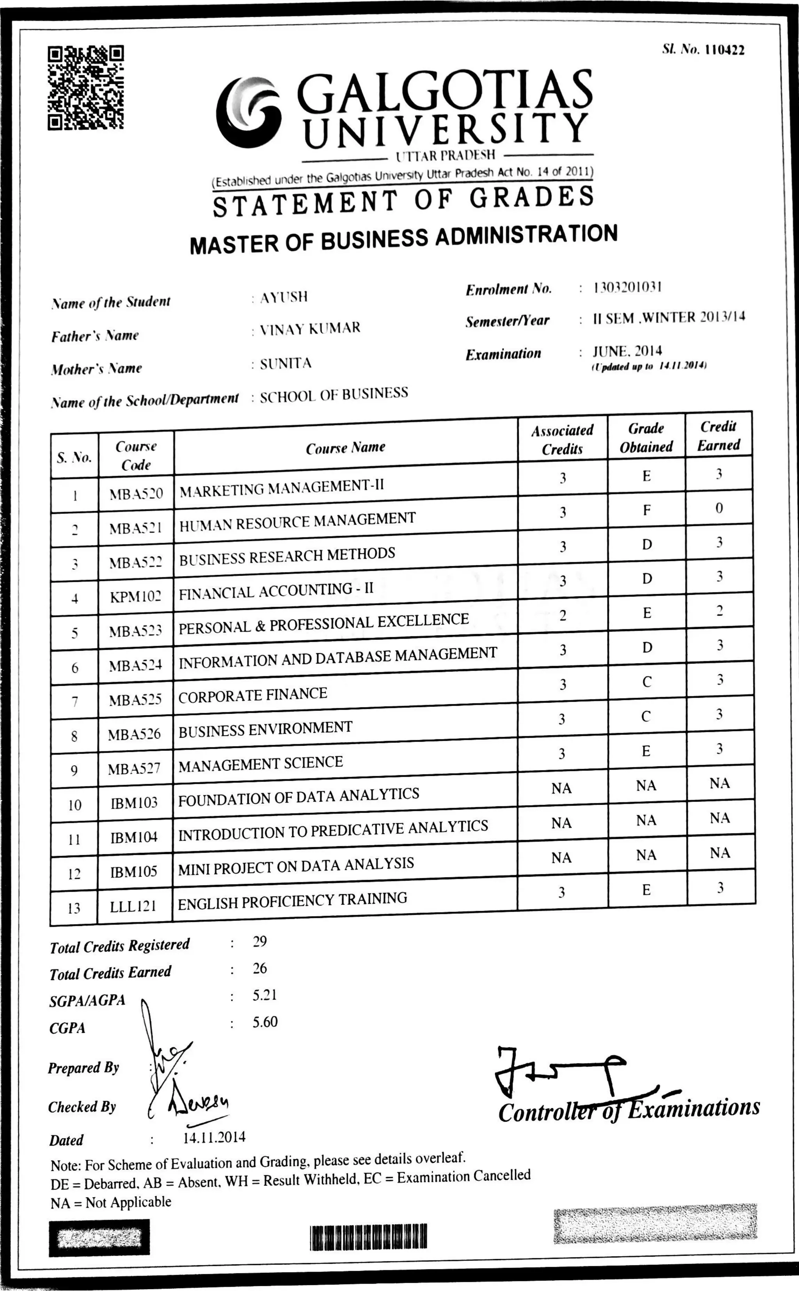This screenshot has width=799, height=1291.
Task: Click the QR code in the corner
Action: [85, 88]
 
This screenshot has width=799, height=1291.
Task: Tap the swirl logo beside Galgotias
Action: [249, 112]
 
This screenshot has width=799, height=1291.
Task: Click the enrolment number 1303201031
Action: [627, 288]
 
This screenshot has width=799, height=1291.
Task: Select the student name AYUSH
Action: [284, 297]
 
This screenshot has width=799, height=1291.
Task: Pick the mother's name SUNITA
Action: [285, 364]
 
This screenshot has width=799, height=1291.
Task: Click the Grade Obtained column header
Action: [646, 438]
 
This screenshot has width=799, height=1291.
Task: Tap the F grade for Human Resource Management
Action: [646, 510]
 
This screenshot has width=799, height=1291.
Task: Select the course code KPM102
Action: [135, 597]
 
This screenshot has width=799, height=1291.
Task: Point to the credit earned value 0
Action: [719, 508]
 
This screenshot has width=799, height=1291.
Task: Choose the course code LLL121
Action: [133, 906]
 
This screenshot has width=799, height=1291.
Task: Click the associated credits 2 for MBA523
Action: [563, 616]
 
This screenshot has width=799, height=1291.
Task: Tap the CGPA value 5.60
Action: [265, 1022]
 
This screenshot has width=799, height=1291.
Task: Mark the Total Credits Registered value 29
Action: [260, 941]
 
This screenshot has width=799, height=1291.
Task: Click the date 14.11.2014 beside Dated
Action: [214, 1137]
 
